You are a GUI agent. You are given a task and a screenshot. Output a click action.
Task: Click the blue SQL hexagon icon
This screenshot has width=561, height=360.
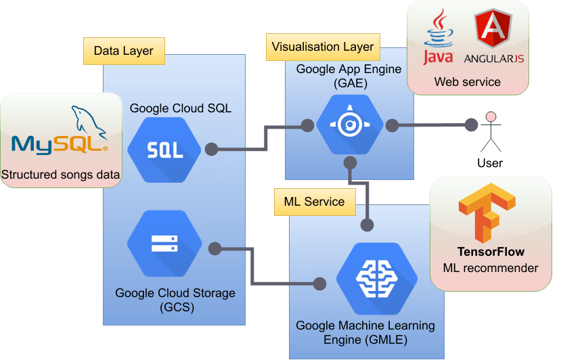165,150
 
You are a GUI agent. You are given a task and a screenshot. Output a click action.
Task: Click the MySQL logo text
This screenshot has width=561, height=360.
60,143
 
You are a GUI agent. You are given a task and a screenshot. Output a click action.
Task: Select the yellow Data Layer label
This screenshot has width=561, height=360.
124,51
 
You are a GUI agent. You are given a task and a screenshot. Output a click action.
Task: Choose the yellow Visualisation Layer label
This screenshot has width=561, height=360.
322,47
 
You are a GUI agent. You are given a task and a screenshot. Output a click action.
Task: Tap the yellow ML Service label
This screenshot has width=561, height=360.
314,202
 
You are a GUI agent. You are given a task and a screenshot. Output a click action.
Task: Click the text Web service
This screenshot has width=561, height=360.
467,82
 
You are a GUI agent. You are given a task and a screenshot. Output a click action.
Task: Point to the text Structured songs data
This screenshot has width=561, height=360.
60,175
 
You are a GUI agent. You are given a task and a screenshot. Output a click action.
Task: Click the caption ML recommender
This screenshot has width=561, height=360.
491,268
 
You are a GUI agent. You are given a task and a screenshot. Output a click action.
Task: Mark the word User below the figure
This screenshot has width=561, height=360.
490,163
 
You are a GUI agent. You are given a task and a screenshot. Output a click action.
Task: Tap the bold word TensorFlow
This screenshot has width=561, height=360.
491,252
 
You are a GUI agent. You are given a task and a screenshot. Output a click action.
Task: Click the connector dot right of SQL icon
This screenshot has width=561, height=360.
211,149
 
